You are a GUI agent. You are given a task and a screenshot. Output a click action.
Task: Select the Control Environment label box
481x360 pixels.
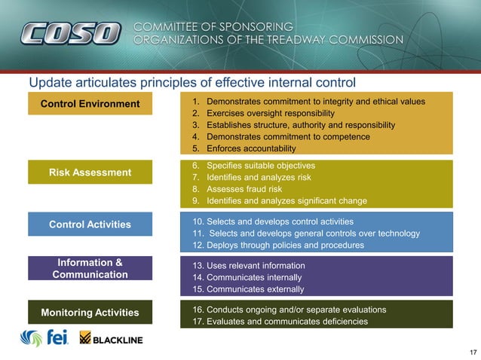(90, 103)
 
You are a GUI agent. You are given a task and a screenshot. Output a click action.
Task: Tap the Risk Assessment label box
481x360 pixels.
(90, 172)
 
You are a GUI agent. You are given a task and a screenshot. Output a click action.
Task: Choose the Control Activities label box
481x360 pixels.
(90, 224)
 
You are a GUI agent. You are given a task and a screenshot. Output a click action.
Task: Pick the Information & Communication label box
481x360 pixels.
(90, 269)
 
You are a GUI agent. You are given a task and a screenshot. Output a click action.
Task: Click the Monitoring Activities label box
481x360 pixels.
(90, 313)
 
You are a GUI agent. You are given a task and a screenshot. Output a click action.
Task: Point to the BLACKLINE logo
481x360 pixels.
(112, 339)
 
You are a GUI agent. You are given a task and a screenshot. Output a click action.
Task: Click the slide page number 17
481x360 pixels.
(473, 352)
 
